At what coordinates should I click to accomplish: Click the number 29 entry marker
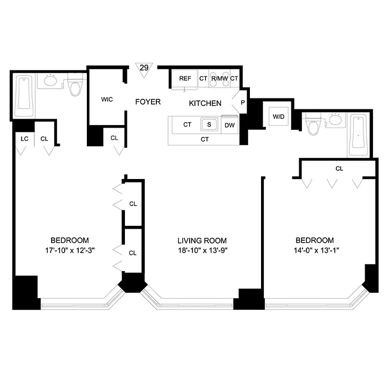click(x=143, y=68)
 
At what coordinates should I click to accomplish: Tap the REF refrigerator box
click(x=185, y=79)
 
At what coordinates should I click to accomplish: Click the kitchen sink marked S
click(x=208, y=124)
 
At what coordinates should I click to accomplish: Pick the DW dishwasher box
click(x=229, y=125)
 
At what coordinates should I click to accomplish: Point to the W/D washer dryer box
click(x=278, y=116)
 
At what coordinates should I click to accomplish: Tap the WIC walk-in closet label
click(x=107, y=100)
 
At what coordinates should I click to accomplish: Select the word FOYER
click(x=148, y=102)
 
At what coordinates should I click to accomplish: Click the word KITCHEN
click(x=205, y=103)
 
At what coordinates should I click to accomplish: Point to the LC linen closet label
click(x=24, y=138)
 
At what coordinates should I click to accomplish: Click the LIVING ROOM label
click(x=202, y=240)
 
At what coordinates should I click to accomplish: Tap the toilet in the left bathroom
click(x=75, y=86)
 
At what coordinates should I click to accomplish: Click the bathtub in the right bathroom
click(x=358, y=135)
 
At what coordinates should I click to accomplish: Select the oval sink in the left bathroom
click(x=50, y=80)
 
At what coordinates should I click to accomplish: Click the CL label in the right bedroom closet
click(x=339, y=169)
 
